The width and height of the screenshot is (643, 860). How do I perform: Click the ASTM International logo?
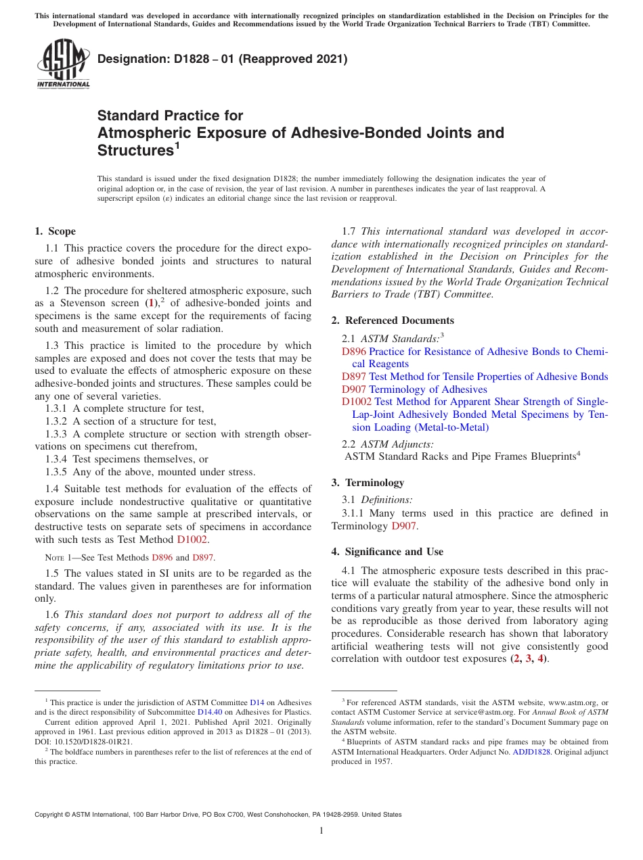(62, 64)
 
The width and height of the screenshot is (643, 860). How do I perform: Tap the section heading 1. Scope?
(56, 231)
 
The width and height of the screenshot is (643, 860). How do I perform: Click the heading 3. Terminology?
(368, 483)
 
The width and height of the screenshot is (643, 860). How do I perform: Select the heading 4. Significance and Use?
(387, 552)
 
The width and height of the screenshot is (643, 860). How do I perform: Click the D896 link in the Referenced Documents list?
(354, 352)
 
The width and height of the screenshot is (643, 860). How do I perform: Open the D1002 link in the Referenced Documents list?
(357, 402)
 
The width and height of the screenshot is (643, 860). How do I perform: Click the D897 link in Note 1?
(203, 558)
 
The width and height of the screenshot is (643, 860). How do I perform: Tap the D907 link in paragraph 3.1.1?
(404, 525)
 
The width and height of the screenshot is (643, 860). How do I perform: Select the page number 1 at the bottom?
(321, 831)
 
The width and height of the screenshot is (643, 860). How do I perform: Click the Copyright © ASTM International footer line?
(218, 815)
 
